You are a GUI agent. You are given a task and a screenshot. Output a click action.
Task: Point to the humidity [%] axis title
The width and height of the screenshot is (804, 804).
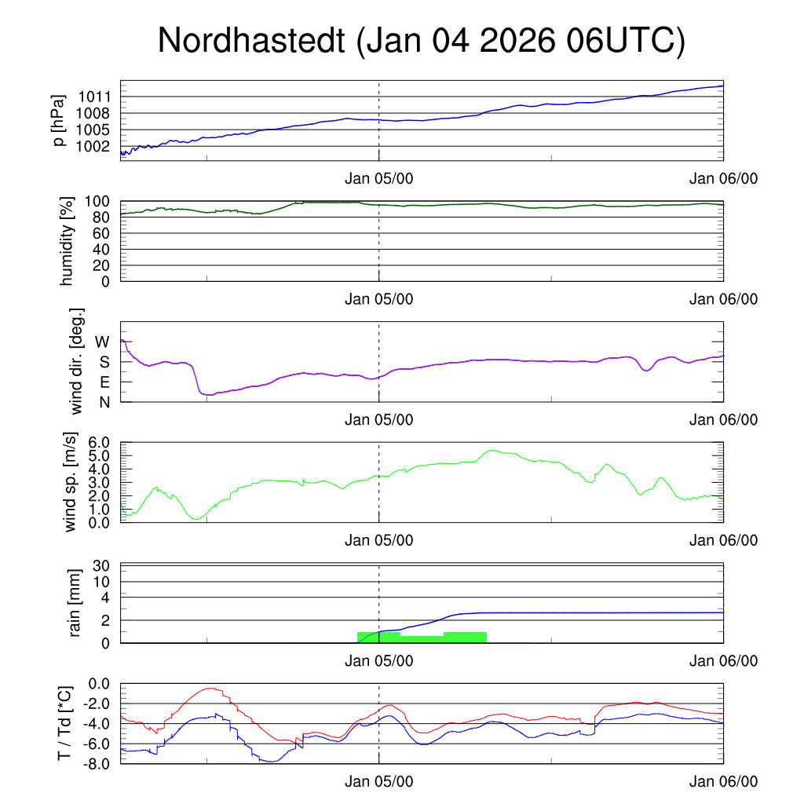(66, 241)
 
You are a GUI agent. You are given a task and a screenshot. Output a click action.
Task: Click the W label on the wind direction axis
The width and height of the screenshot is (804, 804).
(103, 342)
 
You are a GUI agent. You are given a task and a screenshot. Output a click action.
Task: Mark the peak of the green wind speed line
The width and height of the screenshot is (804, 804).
(492, 451)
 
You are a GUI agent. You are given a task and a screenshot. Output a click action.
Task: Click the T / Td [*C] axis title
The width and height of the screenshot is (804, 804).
(66, 723)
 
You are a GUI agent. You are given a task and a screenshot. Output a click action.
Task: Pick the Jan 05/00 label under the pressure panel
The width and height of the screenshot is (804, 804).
(379, 178)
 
